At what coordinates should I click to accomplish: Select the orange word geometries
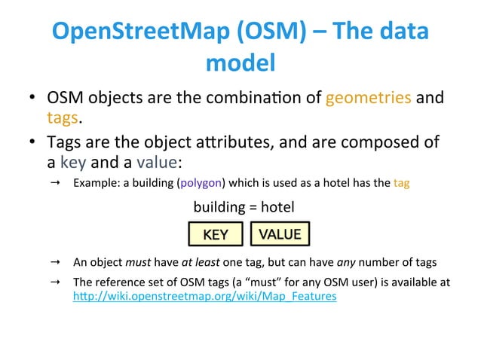[x=368, y=98]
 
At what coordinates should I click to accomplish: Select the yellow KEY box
[x=216, y=234]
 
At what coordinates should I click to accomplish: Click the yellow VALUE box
[x=280, y=233]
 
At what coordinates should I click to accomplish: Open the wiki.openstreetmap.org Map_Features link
[x=204, y=297]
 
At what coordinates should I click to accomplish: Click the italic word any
[x=345, y=262]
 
